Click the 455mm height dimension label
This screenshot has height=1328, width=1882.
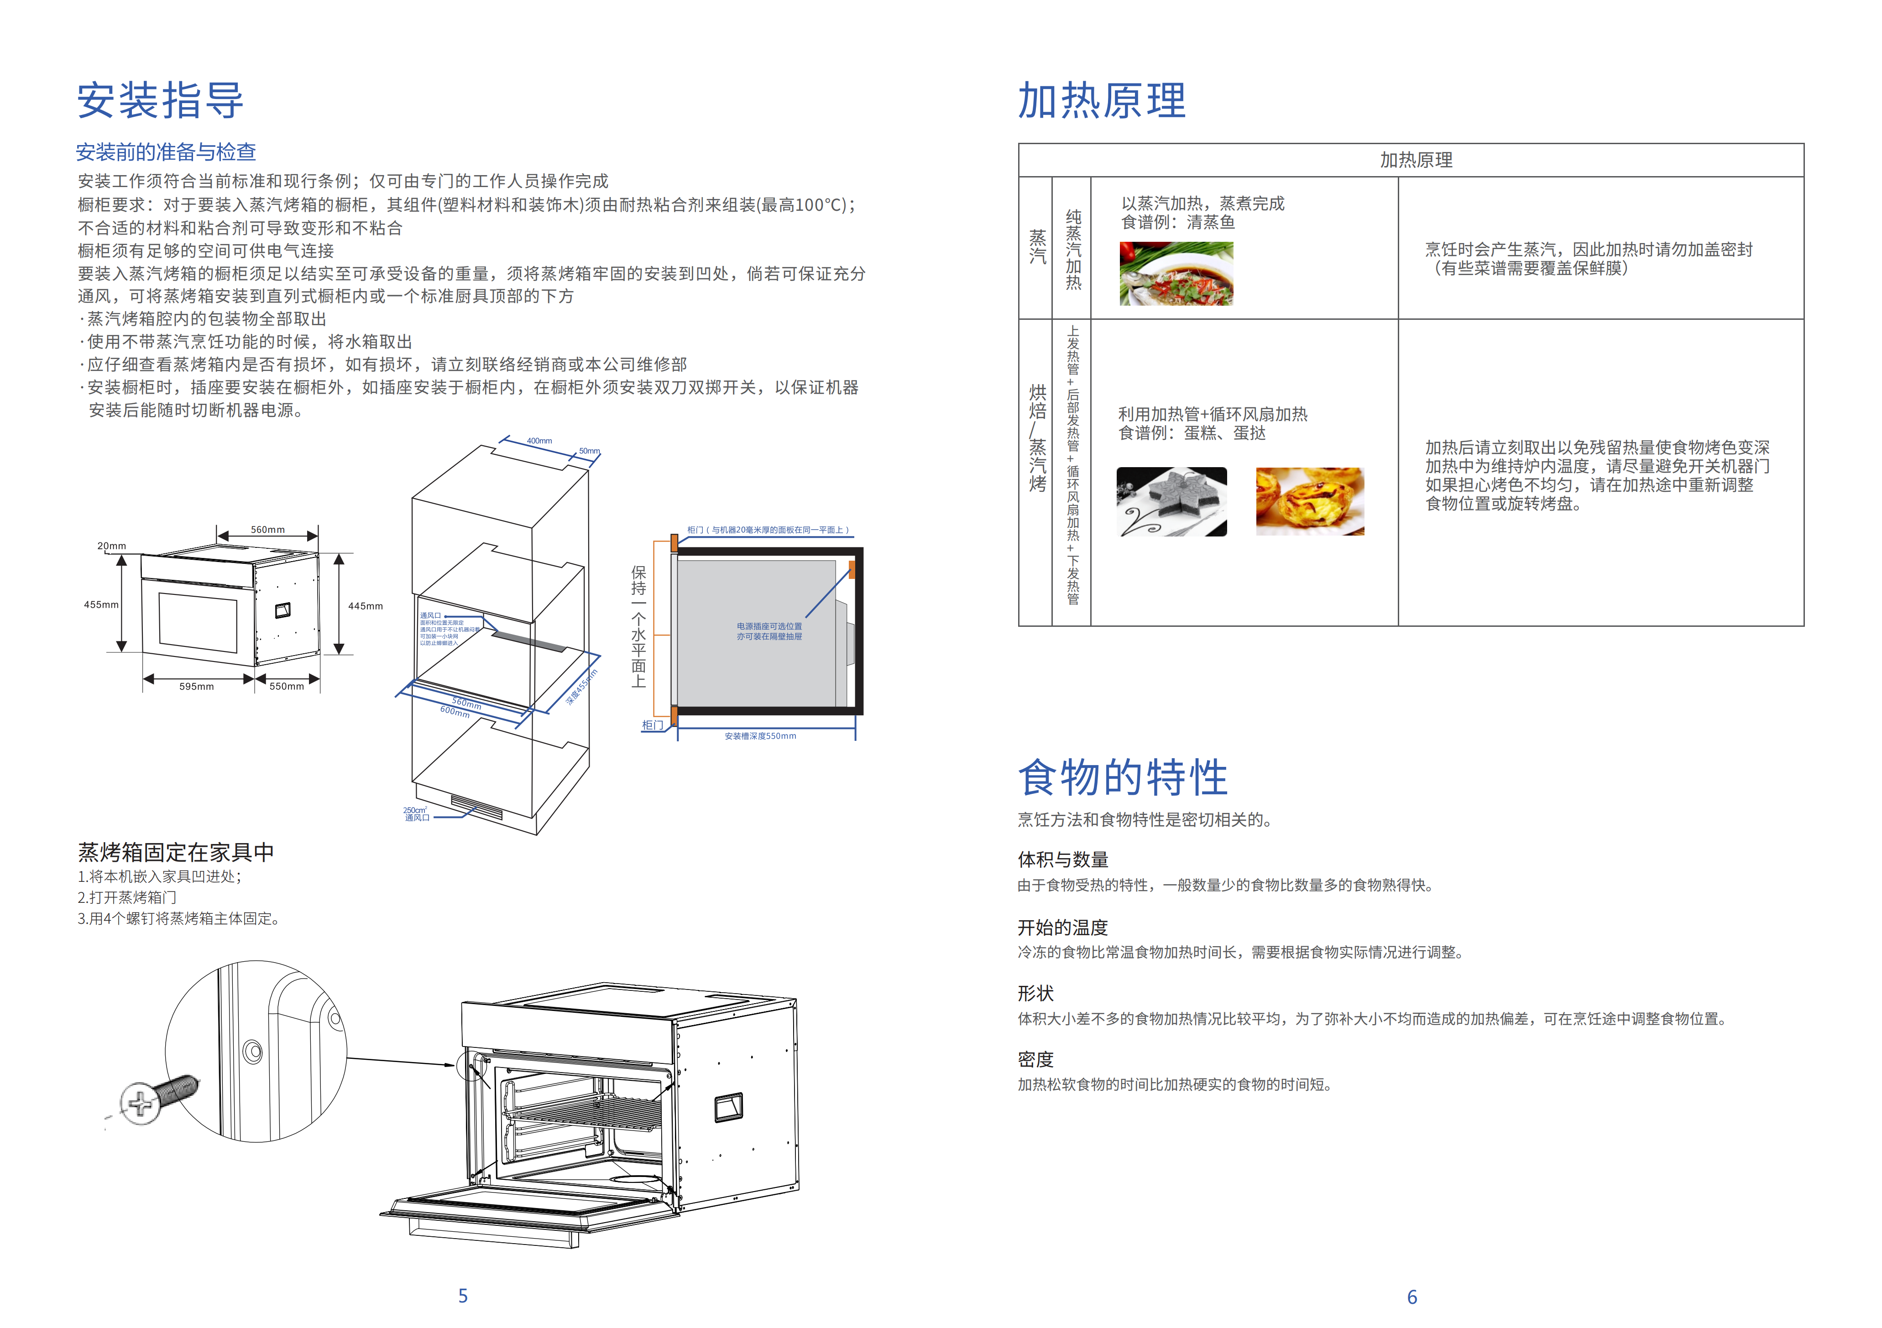click(x=101, y=604)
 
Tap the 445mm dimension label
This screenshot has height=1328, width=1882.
click(x=366, y=606)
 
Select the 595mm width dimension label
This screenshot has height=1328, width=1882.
click(x=197, y=687)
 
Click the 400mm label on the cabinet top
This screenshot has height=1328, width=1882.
click(x=539, y=441)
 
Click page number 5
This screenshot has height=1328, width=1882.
click(x=463, y=1295)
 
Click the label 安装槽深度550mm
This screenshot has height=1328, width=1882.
click(x=760, y=736)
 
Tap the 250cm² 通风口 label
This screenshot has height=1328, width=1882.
click(x=416, y=813)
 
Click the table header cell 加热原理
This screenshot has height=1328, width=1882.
click(x=1416, y=160)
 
